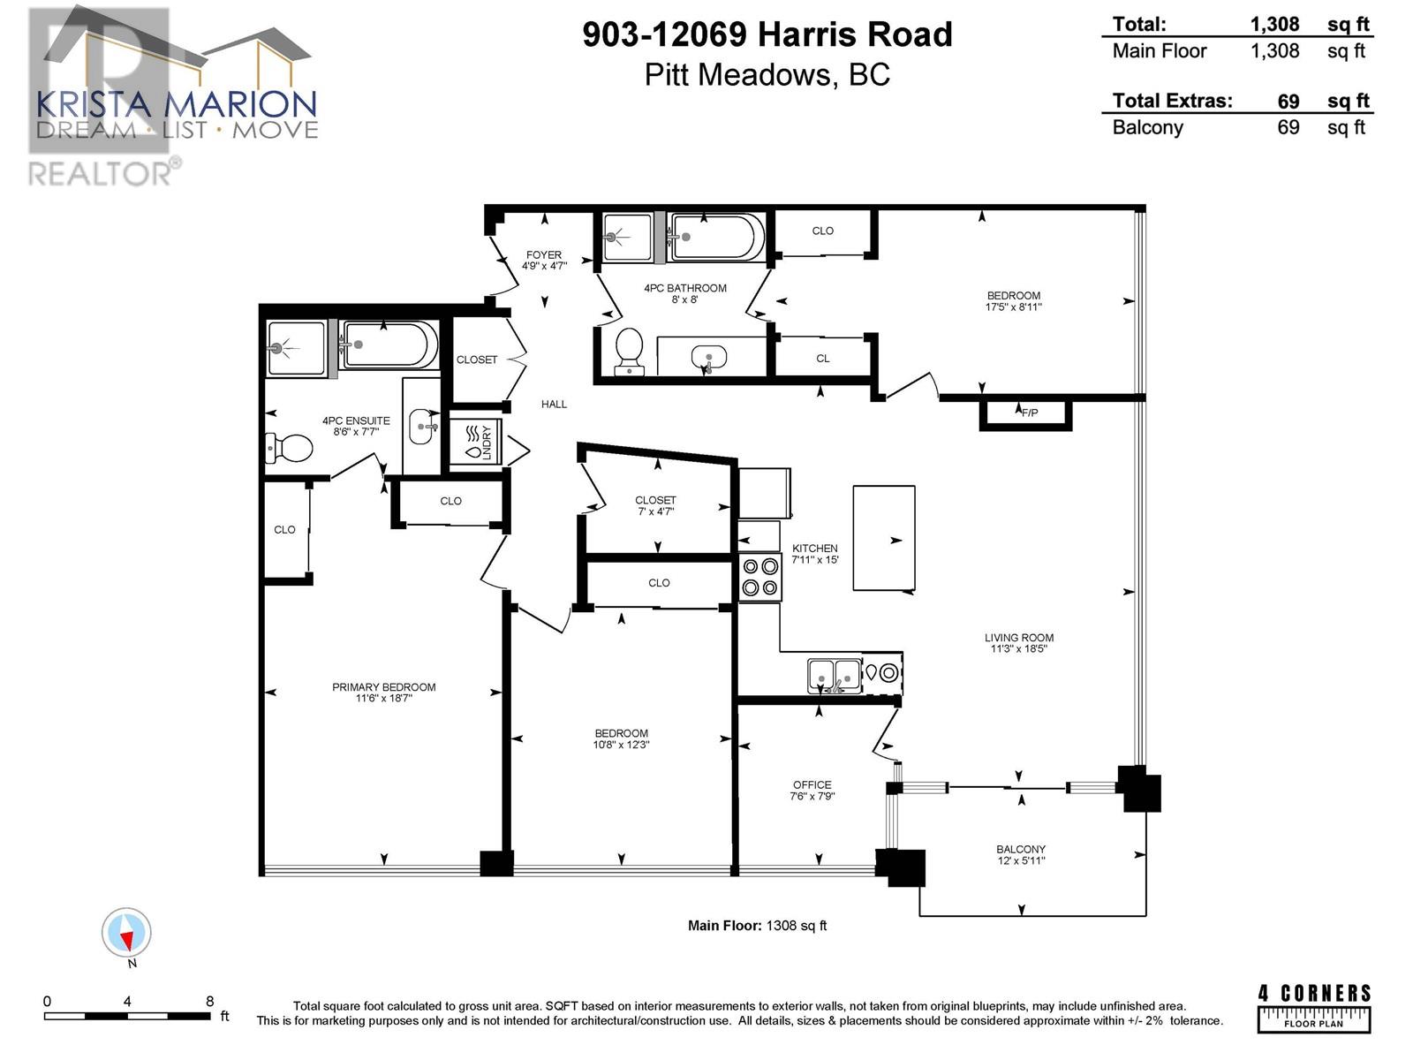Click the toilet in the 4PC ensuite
289,448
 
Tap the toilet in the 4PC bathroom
629,352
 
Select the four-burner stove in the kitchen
759,578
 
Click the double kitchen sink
835,675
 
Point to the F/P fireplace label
1030,413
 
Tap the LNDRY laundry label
487,443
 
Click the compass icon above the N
126,932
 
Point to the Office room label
812,784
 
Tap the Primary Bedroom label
383,686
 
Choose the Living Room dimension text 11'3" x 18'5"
1019,648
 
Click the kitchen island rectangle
884,538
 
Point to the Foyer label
544,255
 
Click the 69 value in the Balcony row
1288,127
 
